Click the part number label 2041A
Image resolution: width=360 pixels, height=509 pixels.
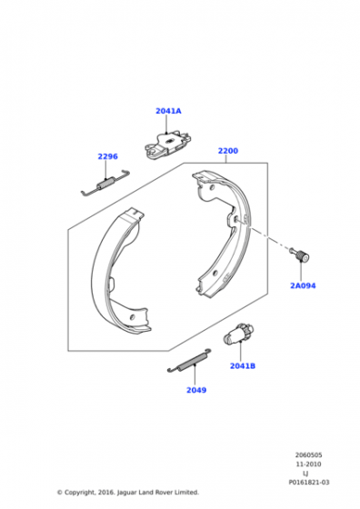(168, 111)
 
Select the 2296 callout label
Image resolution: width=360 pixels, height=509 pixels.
(108, 156)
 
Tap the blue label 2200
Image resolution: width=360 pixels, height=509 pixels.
(228, 151)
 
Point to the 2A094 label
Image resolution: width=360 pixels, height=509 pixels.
(303, 285)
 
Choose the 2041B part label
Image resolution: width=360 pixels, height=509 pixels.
(243, 365)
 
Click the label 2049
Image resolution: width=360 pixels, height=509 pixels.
(196, 390)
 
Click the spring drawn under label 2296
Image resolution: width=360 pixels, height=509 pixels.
(105, 183)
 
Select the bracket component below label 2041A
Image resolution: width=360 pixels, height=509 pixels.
(167, 145)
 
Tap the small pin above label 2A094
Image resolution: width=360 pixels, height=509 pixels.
(299, 254)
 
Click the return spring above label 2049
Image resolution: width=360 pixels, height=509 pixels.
(189, 361)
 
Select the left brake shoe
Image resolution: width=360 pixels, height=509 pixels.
(121, 272)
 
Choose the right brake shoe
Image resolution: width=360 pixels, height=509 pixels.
(223, 235)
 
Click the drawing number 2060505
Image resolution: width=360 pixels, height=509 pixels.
(308, 455)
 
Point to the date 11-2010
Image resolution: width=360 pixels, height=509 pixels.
(308, 464)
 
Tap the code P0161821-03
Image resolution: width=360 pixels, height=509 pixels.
(309, 483)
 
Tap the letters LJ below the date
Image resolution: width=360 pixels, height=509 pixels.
(305, 474)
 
